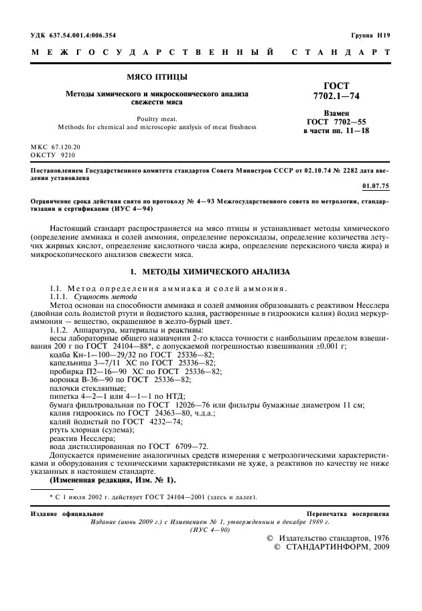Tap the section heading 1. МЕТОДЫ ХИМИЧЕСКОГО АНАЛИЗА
210,272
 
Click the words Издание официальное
62,513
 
